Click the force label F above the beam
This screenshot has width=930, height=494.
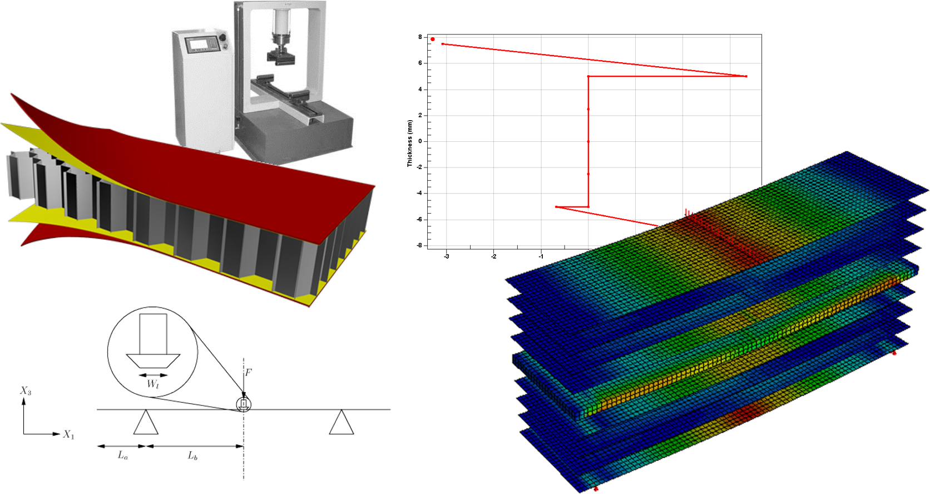pyautogui.click(x=249, y=372)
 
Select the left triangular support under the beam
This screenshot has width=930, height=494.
pyautogui.click(x=146, y=423)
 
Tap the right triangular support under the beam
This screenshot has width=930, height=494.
pyautogui.click(x=342, y=423)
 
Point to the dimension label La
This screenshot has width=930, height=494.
pyautogui.click(x=123, y=455)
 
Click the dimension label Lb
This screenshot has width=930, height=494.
pyautogui.click(x=192, y=456)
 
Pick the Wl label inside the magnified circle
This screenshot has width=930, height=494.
pyautogui.click(x=153, y=384)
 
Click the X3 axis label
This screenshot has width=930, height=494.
pyautogui.click(x=26, y=391)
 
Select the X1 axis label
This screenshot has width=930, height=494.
pyautogui.click(x=68, y=434)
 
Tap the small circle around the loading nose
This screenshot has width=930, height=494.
pyautogui.click(x=244, y=404)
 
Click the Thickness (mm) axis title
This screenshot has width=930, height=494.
pyautogui.click(x=409, y=144)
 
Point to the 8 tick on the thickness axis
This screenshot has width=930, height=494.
pyautogui.click(x=421, y=37)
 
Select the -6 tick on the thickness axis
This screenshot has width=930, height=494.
pyautogui.click(x=419, y=219)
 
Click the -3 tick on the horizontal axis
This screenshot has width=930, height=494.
pyautogui.click(x=446, y=256)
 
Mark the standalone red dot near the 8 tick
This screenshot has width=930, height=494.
pyautogui.click(x=433, y=39)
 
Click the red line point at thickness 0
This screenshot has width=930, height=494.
pyautogui.click(x=588, y=141)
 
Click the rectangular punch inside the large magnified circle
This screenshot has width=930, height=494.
pyautogui.click(x=153, y=333)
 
